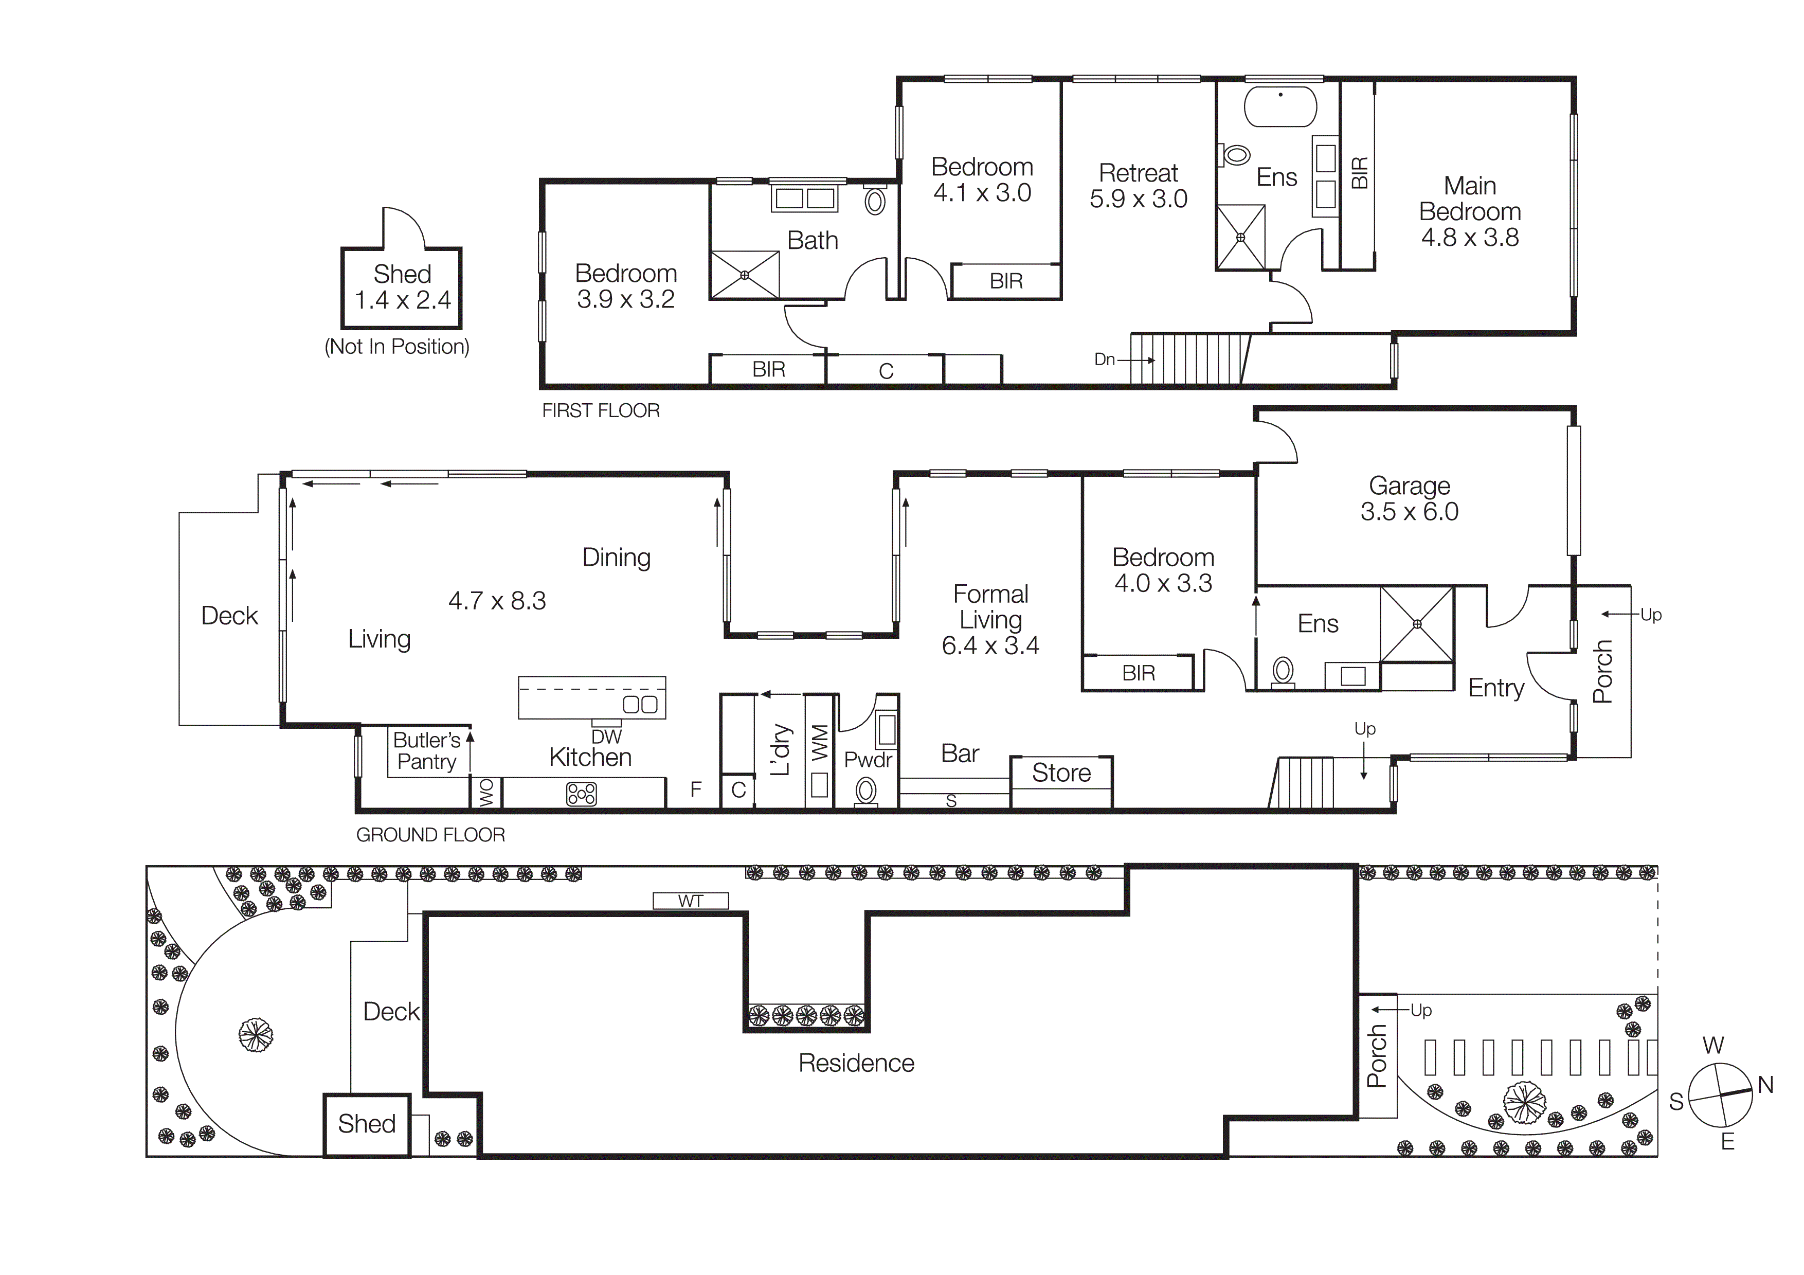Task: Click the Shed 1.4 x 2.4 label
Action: pyautogui.click(x=402, y=287)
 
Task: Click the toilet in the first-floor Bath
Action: pyautogui.click(x=875, y=201)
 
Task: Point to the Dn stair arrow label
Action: pyautogui.click(x=1105, y=359)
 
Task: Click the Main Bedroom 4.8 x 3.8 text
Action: pyautogui.click(x=1469, y=211)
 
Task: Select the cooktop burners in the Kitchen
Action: pyautogui.click(x=582, y=794)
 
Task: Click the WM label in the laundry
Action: pyautogui.click(x=820, y=742)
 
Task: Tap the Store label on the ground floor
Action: pyautogui.click(x=1061, y=773)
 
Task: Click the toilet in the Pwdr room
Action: pyautogui.click(x=866, y=789)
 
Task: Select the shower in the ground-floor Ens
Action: pyautogui.click(x=1417, y=624)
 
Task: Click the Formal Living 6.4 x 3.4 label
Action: pyautogui.click(x=990, y=619)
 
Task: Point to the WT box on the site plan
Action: pyautogui.click(x=691, y=901)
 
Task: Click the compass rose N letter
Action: pyautogui.click(x=1765, y=1085)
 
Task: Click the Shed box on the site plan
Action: pyautogui.click(x=367, y=1124)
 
